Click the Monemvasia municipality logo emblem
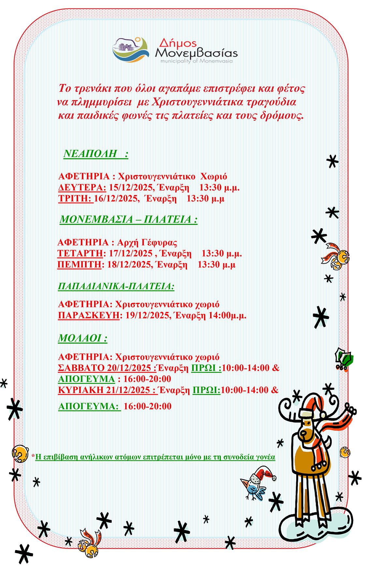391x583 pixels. click(x=131, y=50)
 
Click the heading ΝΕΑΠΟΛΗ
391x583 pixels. click(x=90, y=154)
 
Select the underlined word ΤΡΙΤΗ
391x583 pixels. click(x=75, y=199)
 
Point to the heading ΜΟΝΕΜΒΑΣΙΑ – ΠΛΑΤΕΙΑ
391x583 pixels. click(x=128, y=219)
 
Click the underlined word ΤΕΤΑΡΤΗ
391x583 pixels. click(x=80, y=253)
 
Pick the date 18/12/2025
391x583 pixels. click(x=129, y=264)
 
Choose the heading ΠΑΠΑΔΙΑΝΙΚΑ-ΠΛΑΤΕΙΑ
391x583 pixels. click(x=116, y=286)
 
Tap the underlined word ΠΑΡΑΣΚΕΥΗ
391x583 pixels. click(x=89, y=315)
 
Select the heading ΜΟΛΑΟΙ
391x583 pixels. click(x=82, y=338)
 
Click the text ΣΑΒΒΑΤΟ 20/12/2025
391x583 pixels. click(x=106, y=368)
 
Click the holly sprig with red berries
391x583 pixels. click(x=344, y=359)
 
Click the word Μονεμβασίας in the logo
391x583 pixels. click(x=196, y=53)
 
